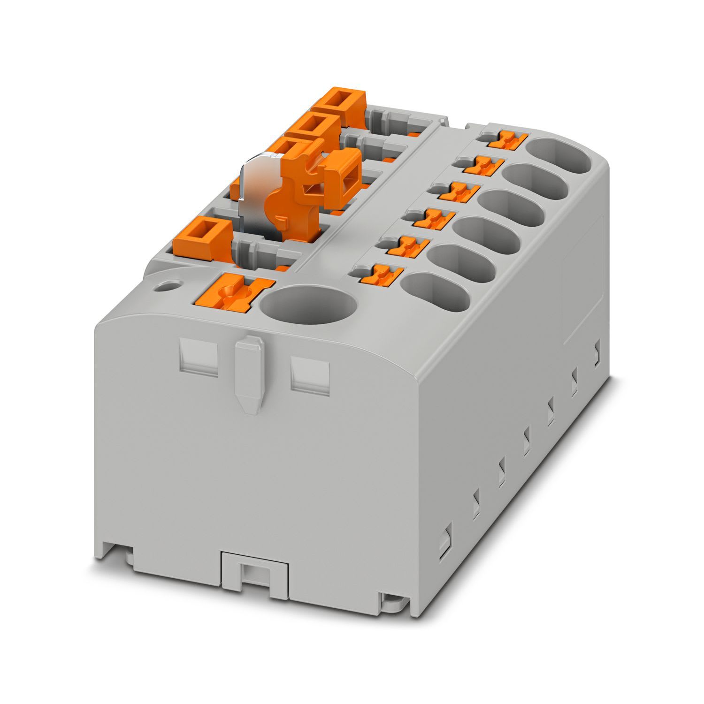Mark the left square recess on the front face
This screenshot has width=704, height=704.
199,358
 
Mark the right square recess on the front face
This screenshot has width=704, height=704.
310,373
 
